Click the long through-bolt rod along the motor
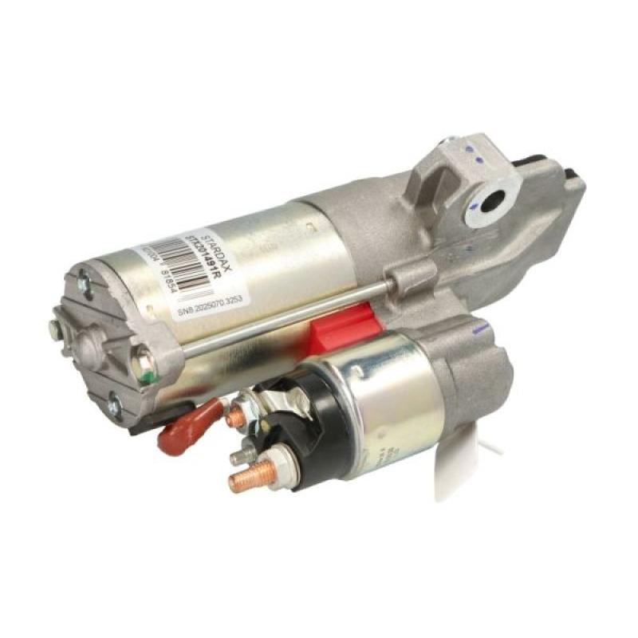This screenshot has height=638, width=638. [287, 315]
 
